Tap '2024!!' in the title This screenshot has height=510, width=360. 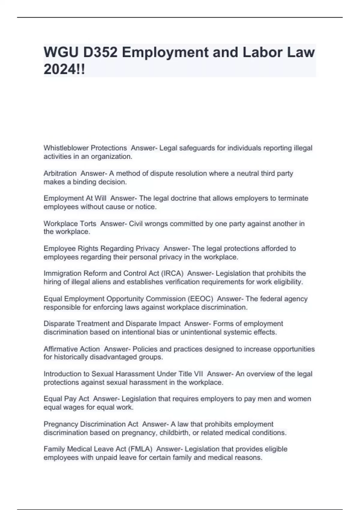tap(64, 70)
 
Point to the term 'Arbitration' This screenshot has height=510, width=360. tap(60, 173)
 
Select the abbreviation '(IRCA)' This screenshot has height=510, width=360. tap(172, 273)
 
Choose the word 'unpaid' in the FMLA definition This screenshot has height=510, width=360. tap(107, 457)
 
